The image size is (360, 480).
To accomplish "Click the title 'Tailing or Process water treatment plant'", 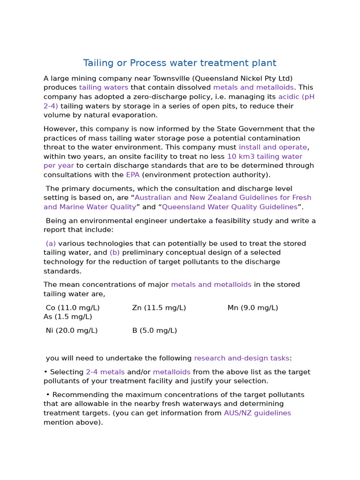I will [180, 63].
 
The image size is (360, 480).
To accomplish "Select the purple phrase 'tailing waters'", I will [103, 88].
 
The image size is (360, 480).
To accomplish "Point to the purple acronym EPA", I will [133, 175].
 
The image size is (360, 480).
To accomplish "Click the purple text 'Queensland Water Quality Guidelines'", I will [230, 207].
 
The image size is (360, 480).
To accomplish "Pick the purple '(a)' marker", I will [51, 244].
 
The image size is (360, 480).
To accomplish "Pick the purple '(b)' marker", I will [115, 253].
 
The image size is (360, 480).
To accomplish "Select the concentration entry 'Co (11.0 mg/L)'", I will [73, 308].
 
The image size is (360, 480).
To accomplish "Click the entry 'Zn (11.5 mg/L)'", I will [159, 308].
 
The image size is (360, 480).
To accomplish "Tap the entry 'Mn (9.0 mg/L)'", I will [253, 308].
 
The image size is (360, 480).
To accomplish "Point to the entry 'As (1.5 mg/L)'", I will [67, 317].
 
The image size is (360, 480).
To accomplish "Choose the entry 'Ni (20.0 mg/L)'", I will [72, 330].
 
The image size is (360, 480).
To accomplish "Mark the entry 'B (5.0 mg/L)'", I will [154, 330].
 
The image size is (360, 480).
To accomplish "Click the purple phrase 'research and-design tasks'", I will [241, 358].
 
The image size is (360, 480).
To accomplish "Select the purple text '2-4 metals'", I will [105, 372].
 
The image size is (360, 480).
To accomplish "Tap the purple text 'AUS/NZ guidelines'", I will [257, 413].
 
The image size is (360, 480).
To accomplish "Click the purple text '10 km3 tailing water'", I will [264, 157].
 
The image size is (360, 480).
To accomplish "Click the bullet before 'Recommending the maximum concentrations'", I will [48, 395].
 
